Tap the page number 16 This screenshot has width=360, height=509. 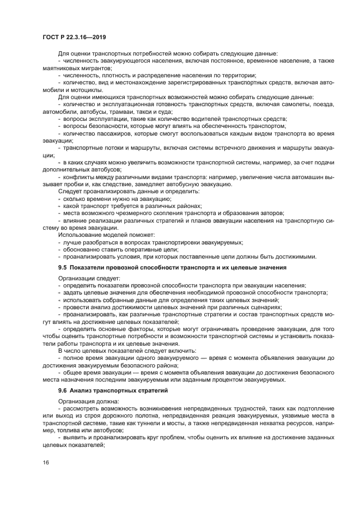pyautogui.click(x=46, y=462)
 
